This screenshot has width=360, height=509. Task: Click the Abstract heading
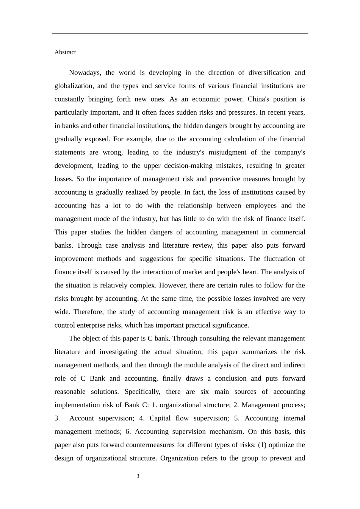pyautogui.click(x=65, y=52)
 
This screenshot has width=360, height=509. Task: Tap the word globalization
pyautogui.click(x=73, y=86)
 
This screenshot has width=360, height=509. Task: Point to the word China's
pyautogui.click(x=258, y=99)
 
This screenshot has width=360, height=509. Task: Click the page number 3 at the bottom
pyautogui.click(x=138, y=476)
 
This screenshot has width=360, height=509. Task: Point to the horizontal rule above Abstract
pyautogui.click(x=180, y=33)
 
